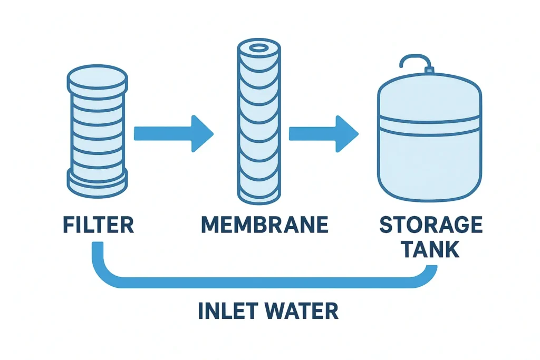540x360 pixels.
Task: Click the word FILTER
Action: tap(98, 225)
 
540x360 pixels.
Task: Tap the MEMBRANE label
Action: tap(264, 225)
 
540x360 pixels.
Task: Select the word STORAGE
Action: tap(431, 225)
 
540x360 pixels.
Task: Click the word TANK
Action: tap(431, 249)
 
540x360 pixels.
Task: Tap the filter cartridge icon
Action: tap(98, 132)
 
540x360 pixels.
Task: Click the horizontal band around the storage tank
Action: tap(430, 125)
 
